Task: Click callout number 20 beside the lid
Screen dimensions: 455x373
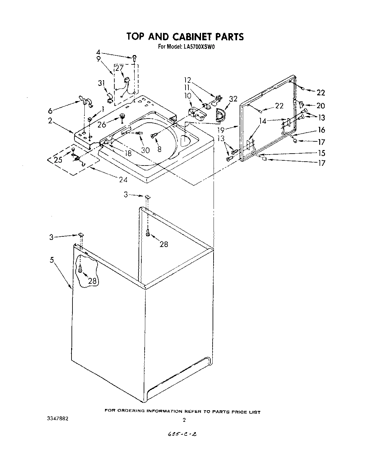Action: [x=320, y=105]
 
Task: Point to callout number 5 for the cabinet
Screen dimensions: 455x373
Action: [x=52, y=260]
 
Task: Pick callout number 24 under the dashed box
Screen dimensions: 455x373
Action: [x=123, y=180]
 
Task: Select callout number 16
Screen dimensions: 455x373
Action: [x=321, y=130]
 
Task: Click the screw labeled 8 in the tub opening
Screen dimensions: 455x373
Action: [x=154, y=136]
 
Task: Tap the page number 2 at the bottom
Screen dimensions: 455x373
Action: [x=184, y=420]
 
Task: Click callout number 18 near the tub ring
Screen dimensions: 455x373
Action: [x=128, y=153]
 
